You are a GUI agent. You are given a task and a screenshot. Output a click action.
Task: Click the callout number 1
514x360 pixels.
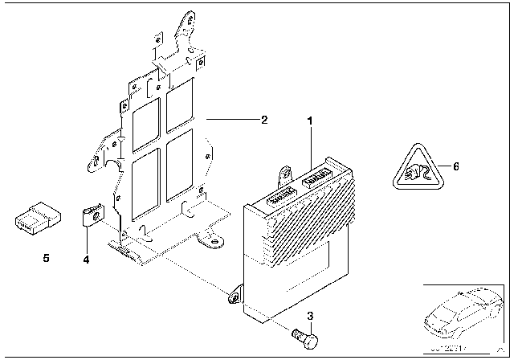point(308,120)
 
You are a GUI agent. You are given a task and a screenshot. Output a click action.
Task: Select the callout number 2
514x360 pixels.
point(264,121)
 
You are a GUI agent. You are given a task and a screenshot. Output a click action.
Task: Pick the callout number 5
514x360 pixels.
point(46,259)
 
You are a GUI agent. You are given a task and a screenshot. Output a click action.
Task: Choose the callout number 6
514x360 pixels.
point(456,166)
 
